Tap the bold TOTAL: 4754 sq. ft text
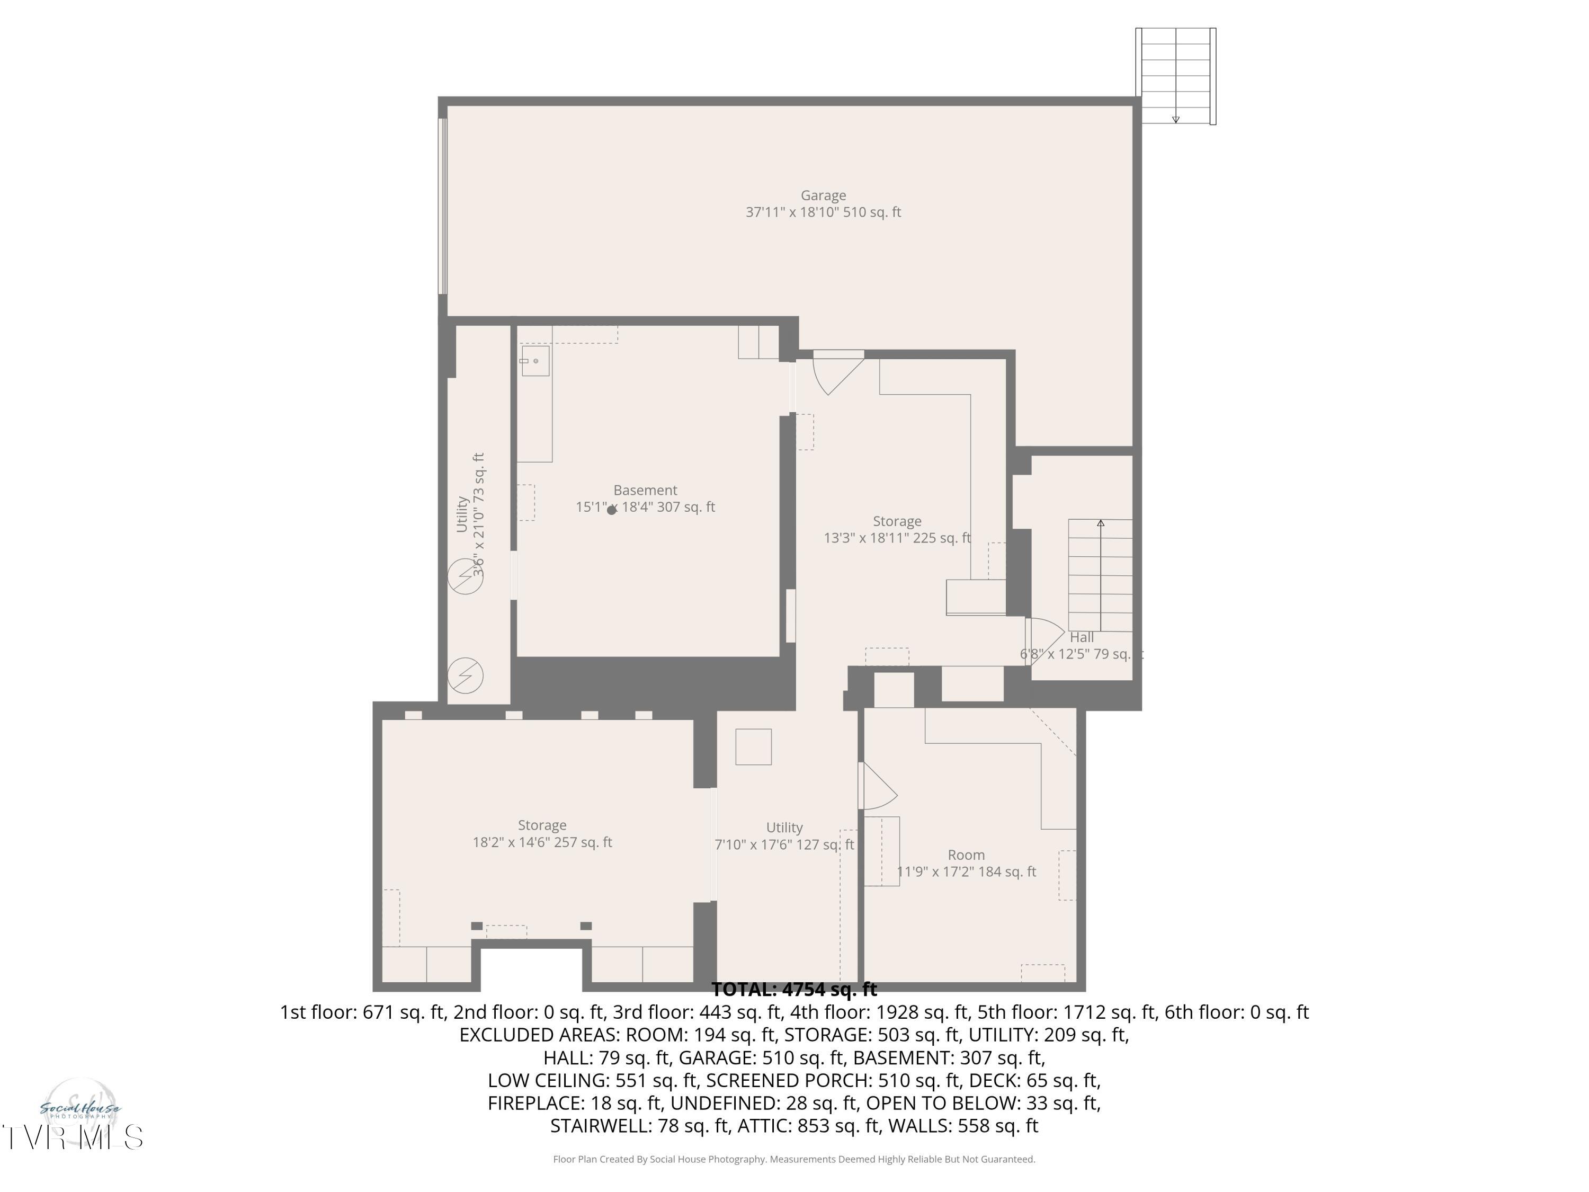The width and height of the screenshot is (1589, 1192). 794,990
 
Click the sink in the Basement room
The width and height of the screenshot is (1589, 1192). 535,361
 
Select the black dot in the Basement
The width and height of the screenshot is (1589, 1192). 611,510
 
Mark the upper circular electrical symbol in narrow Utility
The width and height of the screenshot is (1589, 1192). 466,576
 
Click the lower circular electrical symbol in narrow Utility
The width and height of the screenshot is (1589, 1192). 466,675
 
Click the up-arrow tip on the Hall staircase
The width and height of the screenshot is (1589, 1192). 1101,523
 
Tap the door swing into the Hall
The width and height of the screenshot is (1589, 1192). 1045,639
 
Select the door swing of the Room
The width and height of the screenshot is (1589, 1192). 878,787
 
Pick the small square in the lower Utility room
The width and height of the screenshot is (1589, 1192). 754,746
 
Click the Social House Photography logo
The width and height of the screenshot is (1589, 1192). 80,1110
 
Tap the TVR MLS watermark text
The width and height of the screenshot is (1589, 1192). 72,1137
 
